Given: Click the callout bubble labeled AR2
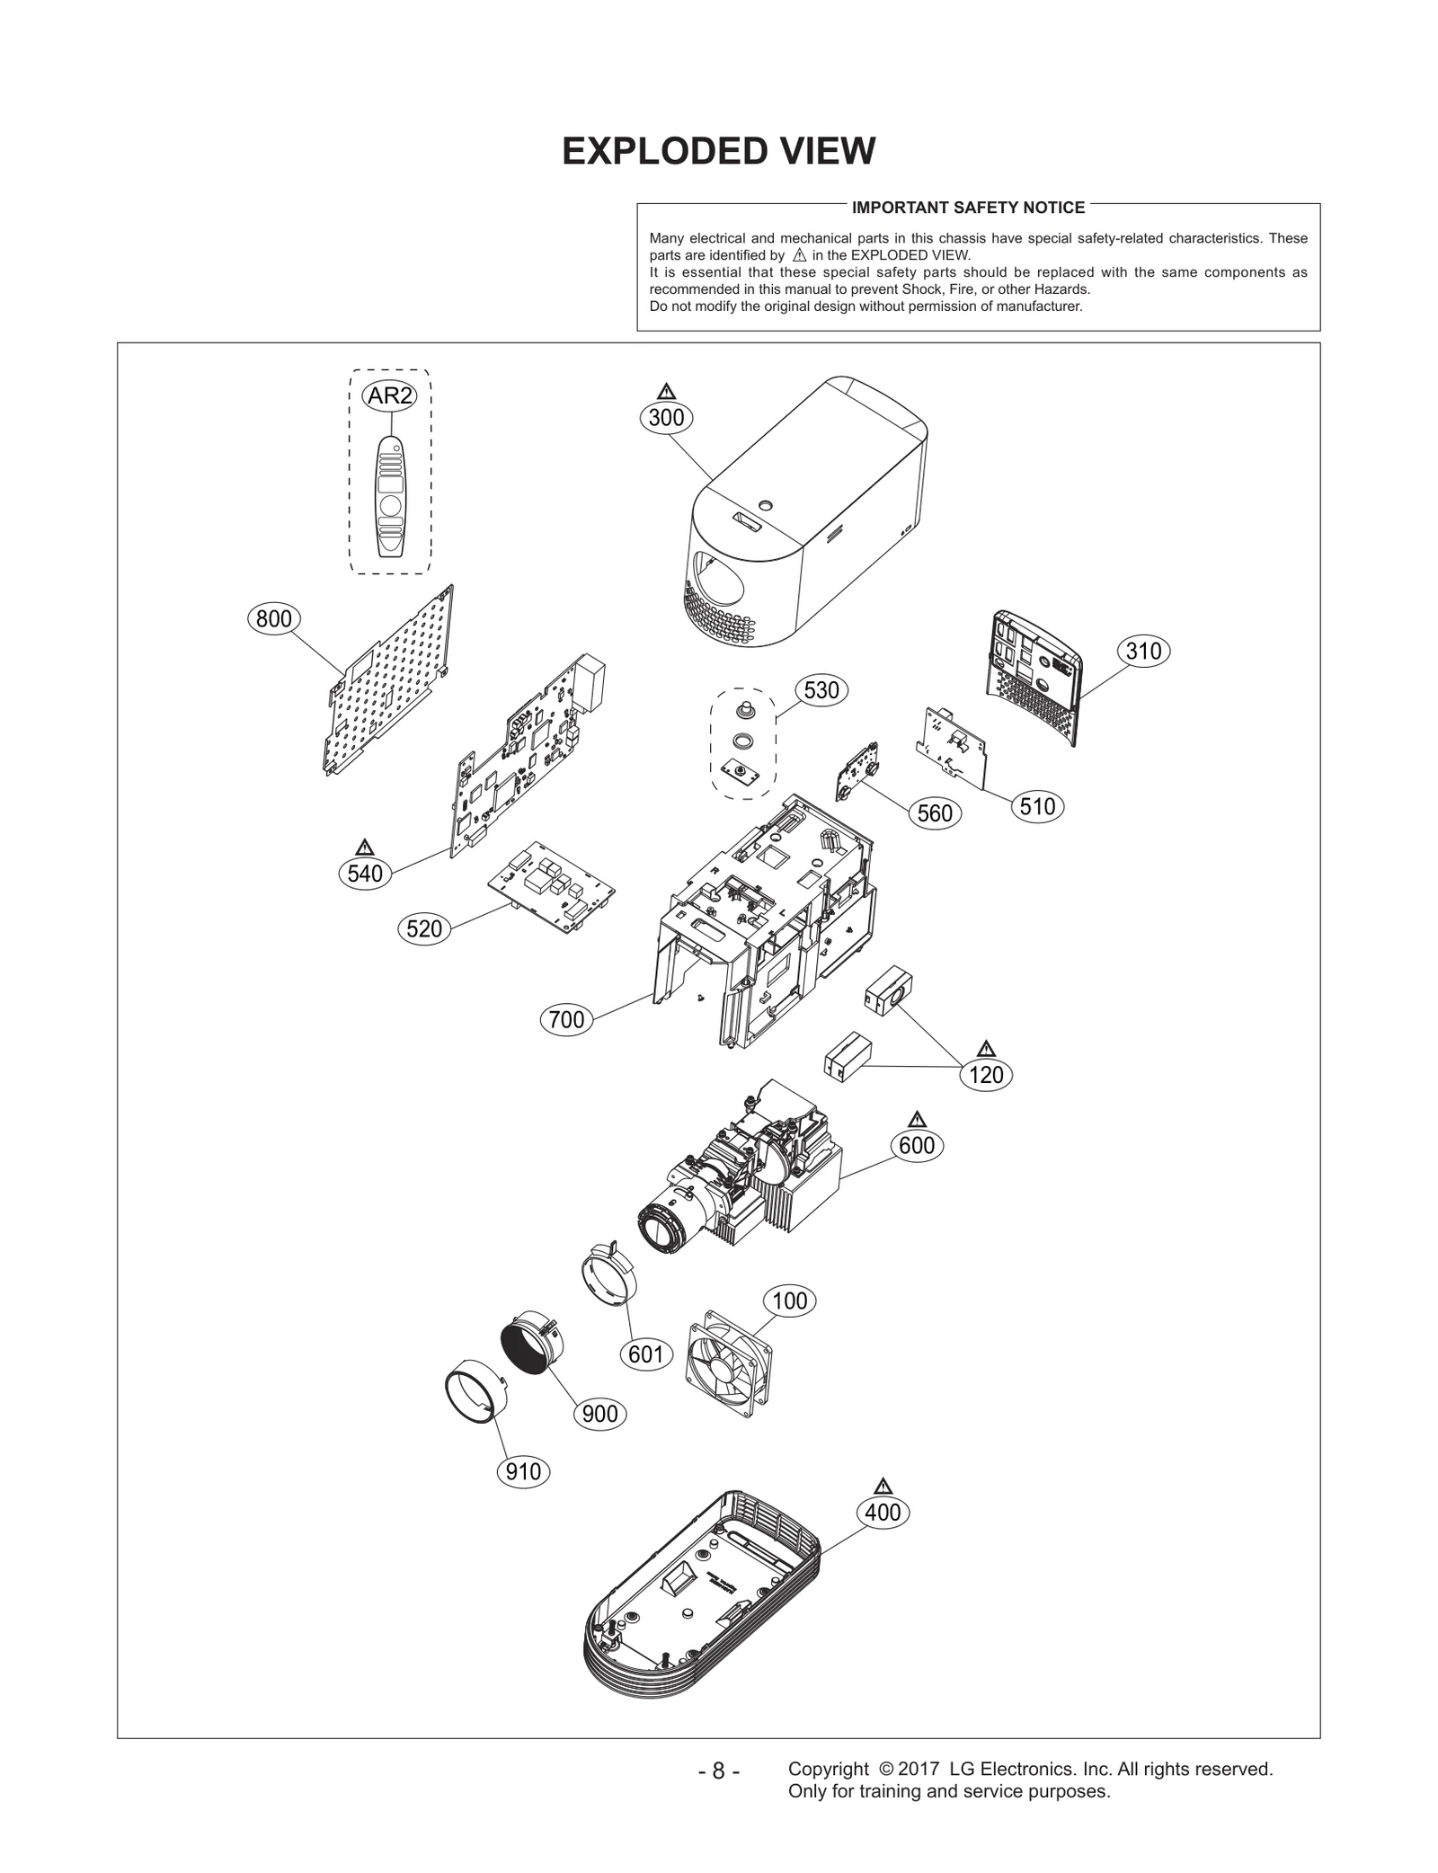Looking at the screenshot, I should point(390,395).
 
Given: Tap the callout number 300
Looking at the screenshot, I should point(666,417).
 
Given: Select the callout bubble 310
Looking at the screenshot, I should point(1143,651).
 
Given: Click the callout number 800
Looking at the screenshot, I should point(273,618).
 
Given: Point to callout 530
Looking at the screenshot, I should point(821,689).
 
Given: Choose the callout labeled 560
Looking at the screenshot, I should point(935,813).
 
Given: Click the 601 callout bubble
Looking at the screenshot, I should point(645,1354).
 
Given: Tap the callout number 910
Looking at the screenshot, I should point(523,1471).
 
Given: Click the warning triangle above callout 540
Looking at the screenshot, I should point(364,848).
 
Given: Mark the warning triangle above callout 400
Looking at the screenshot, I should point(882,1486).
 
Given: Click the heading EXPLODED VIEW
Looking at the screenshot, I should point(718,151).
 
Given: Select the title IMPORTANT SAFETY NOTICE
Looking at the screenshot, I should point(968,208).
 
